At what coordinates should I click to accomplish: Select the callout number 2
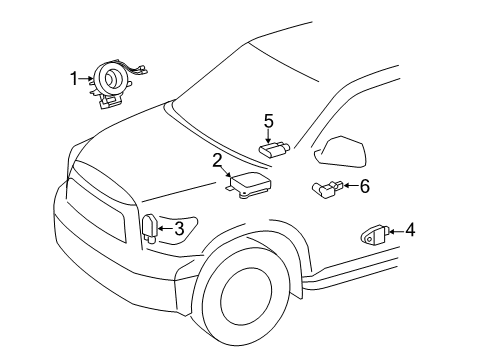pos(216,159)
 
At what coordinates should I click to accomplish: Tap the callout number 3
pos(179,228)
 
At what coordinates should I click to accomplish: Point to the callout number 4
pos(410,230)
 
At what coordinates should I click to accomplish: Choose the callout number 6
pos(365,185)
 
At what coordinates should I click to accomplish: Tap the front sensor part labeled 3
pos(150,229)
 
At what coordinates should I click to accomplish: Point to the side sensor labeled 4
pos(375,236)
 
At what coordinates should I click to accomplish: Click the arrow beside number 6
pos(352,185)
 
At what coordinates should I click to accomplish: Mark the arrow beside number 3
pos(166,228)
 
